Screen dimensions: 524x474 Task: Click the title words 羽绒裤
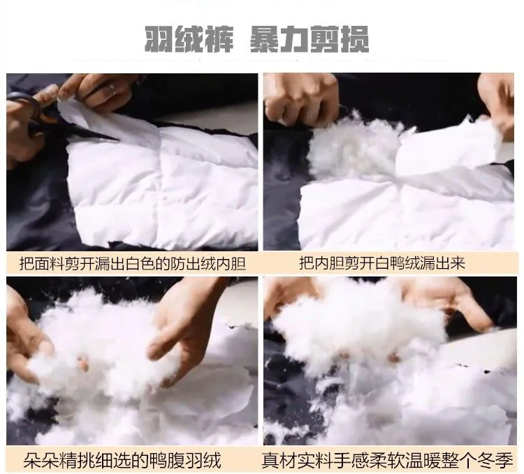(189, 39)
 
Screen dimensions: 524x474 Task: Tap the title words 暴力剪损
(310, 39)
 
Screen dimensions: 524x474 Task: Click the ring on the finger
(112, 88)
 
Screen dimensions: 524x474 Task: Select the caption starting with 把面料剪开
(132, 264)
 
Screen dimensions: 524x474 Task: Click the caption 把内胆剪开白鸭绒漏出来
(382, 263)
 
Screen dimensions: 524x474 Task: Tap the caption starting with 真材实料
(387, 461)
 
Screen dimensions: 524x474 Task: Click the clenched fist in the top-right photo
(300, 98)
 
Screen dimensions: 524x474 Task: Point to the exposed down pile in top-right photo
(354, 147)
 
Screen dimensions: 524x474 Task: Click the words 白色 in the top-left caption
(140, 264)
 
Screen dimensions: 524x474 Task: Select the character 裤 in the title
(219, 40)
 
